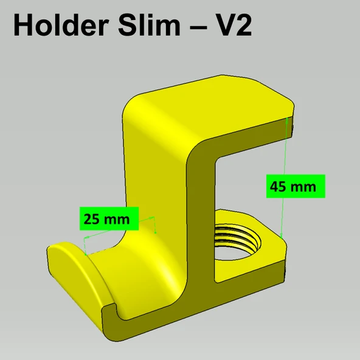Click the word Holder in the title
(x=61, y=25)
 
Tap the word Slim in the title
(x=149, y=25)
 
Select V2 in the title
(x=235, y=25)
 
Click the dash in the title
(x=199, y=26)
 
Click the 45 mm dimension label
(x=296, y=186)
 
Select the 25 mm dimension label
(x=109, y=218)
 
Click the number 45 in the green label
(x=279, y=187)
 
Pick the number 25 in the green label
(x=92, y=219)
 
